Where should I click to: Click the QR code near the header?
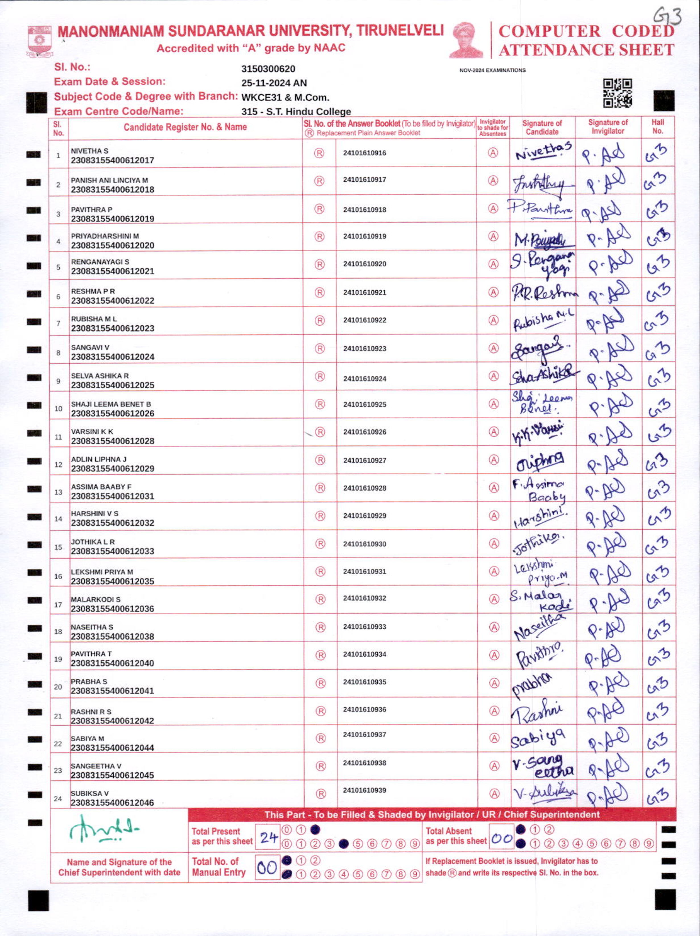tap(617, 93)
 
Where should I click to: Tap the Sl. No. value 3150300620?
tap(268, 69)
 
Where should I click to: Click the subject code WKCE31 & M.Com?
tap(285, 97)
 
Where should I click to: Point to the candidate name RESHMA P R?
tap(93, 291)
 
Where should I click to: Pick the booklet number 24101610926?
tap(365, 432)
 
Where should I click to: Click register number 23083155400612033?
tap(112, 551)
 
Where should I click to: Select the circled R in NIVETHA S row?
tap(319, 153)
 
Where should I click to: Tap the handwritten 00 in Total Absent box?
tap(502, 838)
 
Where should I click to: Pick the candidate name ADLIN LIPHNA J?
tap(98, 459)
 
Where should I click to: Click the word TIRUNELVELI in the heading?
tap(400, 31)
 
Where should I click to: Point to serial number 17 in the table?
tap(58, 605)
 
